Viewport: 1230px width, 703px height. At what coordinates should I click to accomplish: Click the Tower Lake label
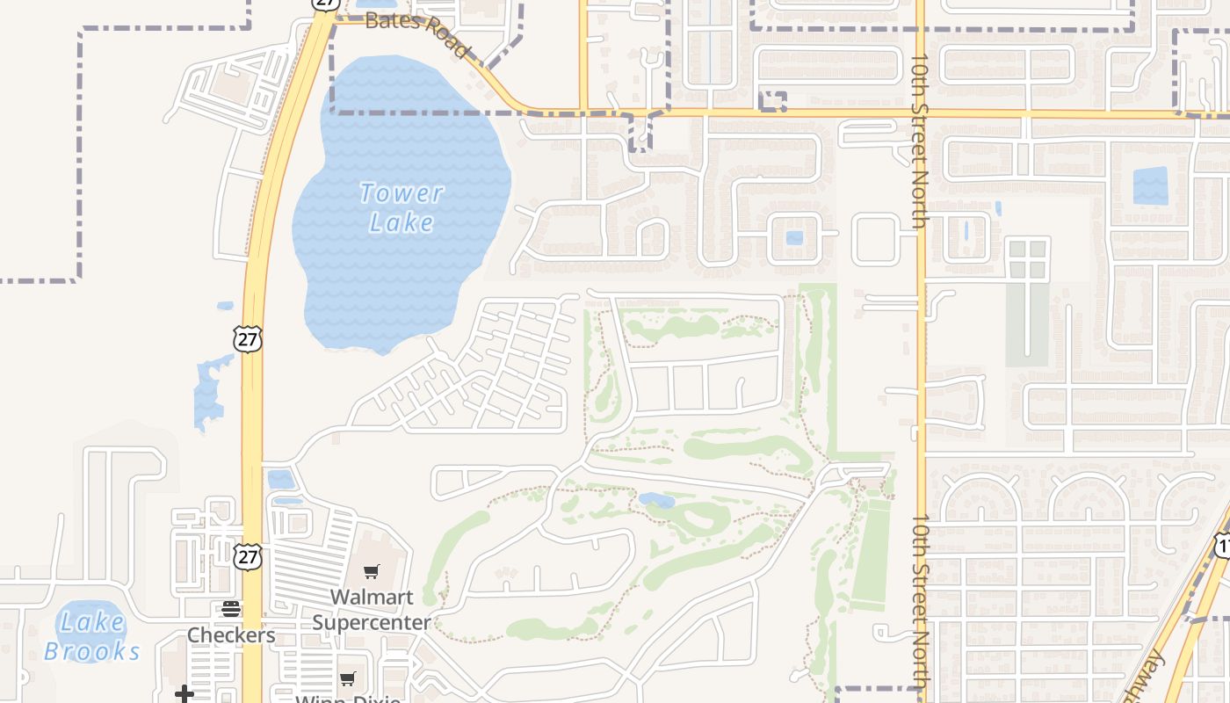402,207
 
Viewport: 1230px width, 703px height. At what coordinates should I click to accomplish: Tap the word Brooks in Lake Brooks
91,651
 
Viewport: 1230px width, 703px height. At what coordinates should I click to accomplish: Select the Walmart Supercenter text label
372,610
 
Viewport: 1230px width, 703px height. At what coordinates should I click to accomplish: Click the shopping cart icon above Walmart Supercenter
372,572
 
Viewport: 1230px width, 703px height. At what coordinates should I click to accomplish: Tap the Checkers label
231,634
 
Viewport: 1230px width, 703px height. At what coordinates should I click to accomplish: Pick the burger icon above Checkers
231,609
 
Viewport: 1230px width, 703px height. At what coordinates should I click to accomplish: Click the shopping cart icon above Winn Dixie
348,678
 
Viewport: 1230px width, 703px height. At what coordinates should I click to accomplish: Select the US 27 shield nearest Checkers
248,555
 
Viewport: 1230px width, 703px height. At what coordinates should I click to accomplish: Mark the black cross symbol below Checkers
184,694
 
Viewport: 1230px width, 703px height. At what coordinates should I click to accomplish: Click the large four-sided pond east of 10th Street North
1150,185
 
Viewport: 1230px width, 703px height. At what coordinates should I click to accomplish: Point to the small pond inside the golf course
656,500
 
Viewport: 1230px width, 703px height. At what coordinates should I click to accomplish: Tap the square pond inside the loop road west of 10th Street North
794,238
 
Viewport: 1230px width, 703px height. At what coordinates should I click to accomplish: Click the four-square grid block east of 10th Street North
1028,258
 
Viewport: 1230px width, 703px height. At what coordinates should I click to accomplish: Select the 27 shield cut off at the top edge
325,4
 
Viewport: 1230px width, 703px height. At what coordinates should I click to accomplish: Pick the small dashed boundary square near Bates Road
772,102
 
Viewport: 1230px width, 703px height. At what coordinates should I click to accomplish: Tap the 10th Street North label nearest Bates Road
920,141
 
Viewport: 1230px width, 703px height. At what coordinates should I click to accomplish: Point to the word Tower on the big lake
402,192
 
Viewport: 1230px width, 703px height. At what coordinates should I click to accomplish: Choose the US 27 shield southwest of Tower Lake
248,338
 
